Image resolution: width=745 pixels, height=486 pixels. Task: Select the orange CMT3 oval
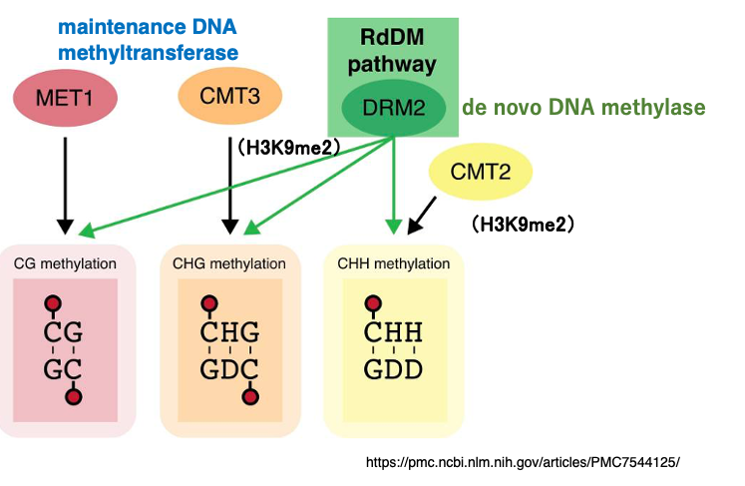pyautogui.click(x=230, y=97)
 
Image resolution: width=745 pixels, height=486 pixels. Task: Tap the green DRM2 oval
pyautogui.click(x=393, y=108)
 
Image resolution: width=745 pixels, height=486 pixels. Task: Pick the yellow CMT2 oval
pyautogui.click(x=481, y=172)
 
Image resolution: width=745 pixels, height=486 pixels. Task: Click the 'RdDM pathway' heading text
pyautogui.click(x=392, y=53)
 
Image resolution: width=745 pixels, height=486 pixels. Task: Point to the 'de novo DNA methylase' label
pyautogui.click(x=583, y=108)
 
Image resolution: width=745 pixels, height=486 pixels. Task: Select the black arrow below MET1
pyautogui.click(x=65, y=180)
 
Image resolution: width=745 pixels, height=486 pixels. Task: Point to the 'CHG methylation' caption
pyautogui.click(x=229, y=264)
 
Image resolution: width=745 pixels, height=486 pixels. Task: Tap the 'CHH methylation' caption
pyautogui.click(x=394, y=264)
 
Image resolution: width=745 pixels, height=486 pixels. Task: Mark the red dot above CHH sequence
pyautogui.click(x=373, y=303)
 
